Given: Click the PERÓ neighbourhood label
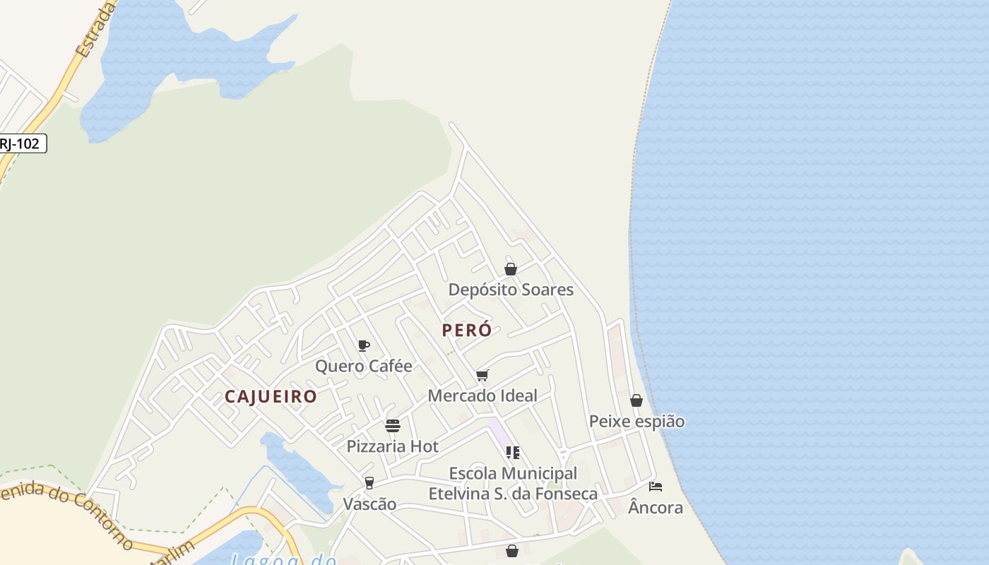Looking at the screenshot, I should click(x=466, y=330).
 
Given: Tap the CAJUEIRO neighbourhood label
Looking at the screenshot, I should click(x=271, y=396).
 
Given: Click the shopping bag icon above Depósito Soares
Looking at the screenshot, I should click(x=511, y=269).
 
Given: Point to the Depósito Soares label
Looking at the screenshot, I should click(x=511, y=290).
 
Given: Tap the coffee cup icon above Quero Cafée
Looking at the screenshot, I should click(x=364, y=345).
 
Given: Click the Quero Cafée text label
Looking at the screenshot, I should click(x=363, y=366).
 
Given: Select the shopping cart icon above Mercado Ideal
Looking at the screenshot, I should click(x=482, y=375).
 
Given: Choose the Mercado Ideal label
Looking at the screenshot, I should click(x=482, y=395).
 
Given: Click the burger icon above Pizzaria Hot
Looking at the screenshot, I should click(x=393, y=426).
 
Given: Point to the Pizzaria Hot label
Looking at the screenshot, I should click(x=392, y=446).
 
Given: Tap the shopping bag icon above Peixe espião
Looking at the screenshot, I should click(x=636, y=400).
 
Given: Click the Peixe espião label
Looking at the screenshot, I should click(x=636, y=422).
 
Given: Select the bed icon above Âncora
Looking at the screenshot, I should click(x=656, y=487).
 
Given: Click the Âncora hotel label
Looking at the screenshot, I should click(x=656, y=508).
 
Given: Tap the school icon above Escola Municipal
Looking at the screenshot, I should click(x=513, y=453).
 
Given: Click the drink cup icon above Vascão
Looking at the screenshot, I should click(x=369, y=483).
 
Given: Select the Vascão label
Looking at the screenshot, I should click(x=369, y=504).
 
